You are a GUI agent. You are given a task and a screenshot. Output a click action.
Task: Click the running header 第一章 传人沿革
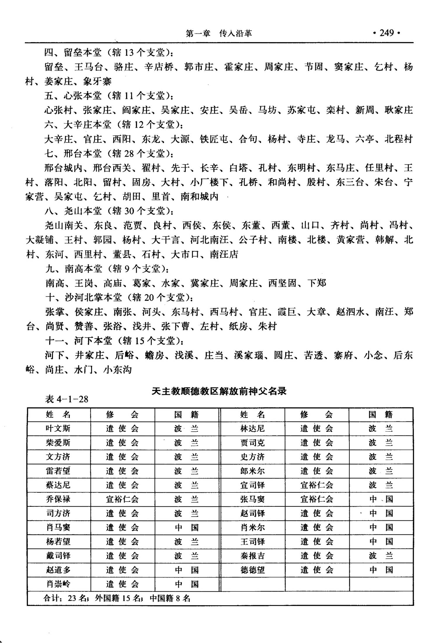[x=219, y=34]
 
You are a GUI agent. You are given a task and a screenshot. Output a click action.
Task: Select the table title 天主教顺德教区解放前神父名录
[x=219, y=391]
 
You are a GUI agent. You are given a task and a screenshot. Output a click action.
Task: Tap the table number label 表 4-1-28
[x=67, y=399]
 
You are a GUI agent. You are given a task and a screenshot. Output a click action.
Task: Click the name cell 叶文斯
[x=58, y=428]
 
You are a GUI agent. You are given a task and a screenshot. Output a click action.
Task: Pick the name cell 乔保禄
[x=58, y=499]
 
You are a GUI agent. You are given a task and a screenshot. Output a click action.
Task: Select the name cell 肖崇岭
[x=58, y=584]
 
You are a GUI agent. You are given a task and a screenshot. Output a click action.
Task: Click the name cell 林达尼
[x=252, y=428]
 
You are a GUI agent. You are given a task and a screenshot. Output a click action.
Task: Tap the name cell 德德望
[x=252, y=570]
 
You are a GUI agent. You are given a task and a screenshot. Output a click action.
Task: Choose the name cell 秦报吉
[x=252, y=556]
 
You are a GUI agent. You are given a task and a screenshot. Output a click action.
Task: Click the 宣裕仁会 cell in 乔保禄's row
[x=122, y=499]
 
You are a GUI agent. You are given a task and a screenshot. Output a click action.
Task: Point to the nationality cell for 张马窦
[x=381, y=499]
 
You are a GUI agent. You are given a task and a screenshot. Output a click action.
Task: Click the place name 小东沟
[x=117, y=370]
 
